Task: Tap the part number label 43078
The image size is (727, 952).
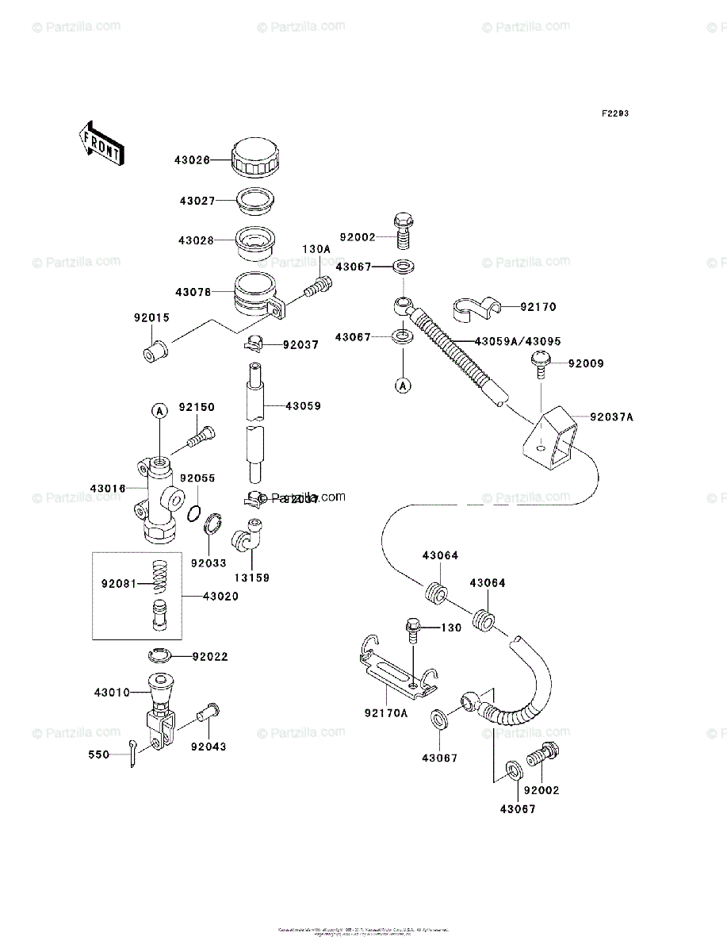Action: pyautogui.click(x=193, y=292)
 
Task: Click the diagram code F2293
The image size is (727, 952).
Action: pyautogui.click(x=614, y=113)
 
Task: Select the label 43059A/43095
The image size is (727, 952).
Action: pyautogui.click(x=518, y=341)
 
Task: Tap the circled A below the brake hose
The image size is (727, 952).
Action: pyautogui.click(x=404, y=386)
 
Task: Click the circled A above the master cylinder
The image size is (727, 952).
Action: pyautogui.click(x=159, y=410)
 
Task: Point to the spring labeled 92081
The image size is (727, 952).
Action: pyautogui.click(x=162, y=582)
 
